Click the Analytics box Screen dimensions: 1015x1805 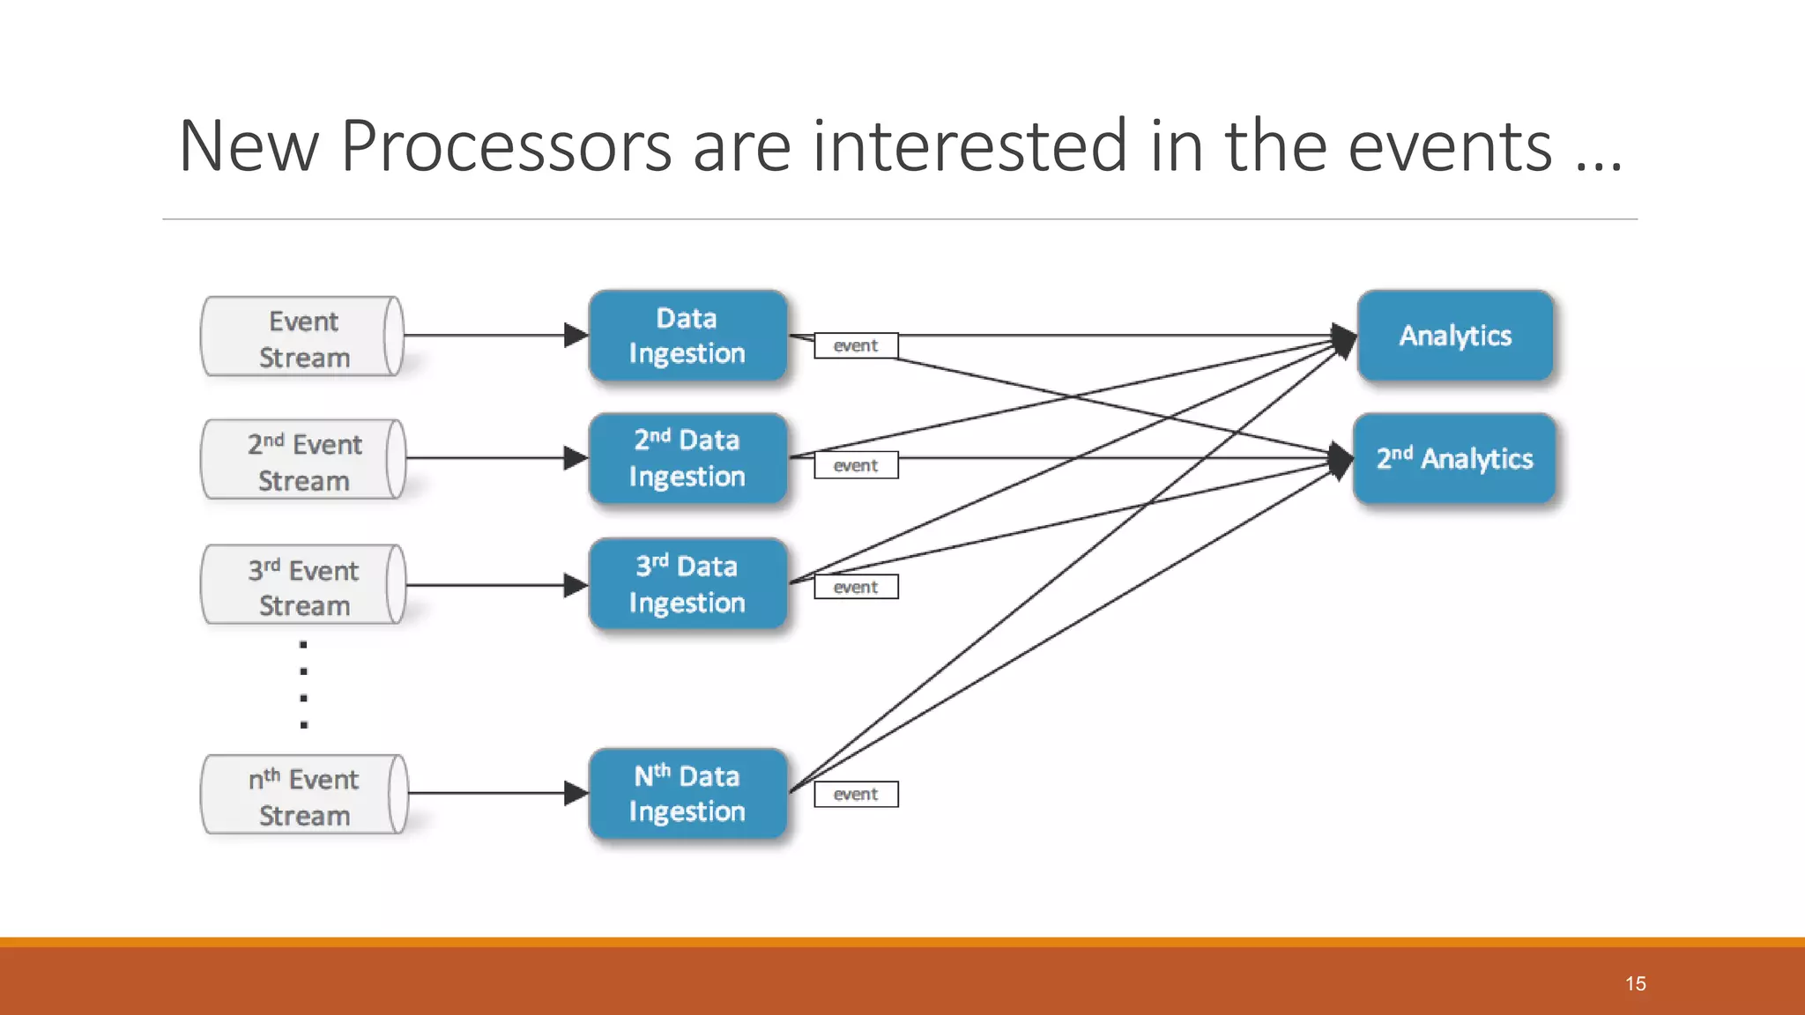coord(1454,336)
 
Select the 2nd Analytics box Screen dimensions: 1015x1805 coord(1454,458)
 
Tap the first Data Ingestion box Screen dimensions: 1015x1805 coord(687,336)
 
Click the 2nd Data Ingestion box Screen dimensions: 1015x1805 coord(687,458)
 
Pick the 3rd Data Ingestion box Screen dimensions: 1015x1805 coord(687,584)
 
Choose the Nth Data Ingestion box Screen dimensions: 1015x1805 coord(687,794)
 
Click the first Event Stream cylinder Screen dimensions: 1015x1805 coord(302,337)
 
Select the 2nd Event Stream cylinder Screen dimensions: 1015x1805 coord(302,460)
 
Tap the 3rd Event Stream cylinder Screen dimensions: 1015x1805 coord(302,585)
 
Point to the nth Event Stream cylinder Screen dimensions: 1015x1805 coord(302,795)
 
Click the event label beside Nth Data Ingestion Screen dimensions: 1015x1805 coord(856,795)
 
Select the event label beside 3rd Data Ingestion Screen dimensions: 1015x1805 coord(856,587)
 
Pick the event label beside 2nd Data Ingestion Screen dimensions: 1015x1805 coord(856,465)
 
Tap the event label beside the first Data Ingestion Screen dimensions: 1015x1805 coord(856,345)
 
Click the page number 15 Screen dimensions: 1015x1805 coord(1636,984)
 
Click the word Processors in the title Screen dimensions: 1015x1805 coord(506,146)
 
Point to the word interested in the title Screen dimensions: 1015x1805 coord(969,146)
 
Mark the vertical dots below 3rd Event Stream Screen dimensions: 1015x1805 coord(303,685)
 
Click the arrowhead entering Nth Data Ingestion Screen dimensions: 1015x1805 coord(576,794)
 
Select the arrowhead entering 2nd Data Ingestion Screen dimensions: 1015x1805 coord(576,458)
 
